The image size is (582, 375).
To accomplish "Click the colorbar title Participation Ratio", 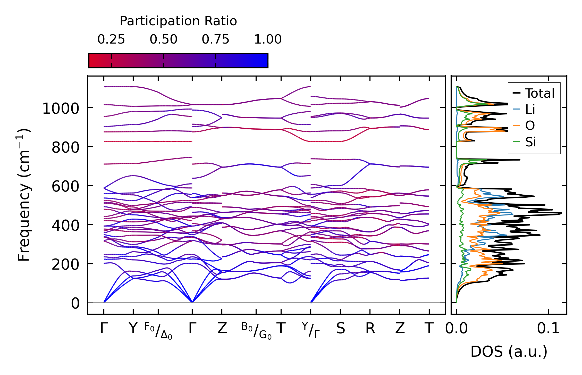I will click(178, 21).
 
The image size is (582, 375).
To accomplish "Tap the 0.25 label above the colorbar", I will click(111, 39).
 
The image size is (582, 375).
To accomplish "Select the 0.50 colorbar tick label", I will click(164, 39).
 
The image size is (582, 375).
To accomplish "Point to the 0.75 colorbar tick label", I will click(215, 39).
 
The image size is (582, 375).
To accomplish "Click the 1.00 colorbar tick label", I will click(268, 39).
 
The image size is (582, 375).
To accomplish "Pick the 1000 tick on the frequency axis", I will click(61, 109).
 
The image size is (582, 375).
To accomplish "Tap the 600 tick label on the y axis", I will click(65, 187).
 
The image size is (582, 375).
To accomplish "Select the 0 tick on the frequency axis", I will click(75, 303).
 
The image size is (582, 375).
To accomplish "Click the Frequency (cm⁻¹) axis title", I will click(24, 195).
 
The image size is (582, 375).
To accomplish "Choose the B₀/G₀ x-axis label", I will click(256, 331).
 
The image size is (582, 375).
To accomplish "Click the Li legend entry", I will click(530, 110).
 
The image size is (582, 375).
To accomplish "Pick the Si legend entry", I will click(531, 142).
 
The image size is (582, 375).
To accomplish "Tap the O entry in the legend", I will click(530, 126).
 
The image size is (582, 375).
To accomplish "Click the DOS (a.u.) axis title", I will click(509, 352).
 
